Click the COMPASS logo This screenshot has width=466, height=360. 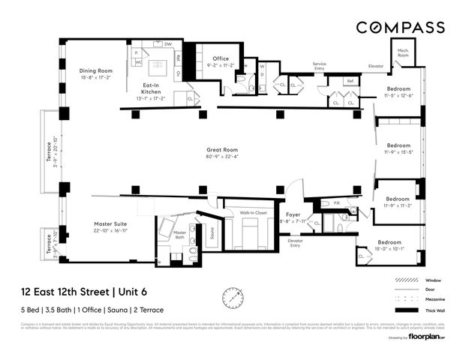pyautogui.click(x=399, y=28)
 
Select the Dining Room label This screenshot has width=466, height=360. pyautogui.click(x=95, y=71)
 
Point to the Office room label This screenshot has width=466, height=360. pyautogui.click(x=220, y=58)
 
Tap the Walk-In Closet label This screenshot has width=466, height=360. pyautogui.click(x=254, y=213)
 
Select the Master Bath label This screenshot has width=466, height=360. pyautogui.click(x=179, y=235)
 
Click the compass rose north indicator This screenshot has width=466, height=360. pyautogui.click(x=233, y=298)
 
